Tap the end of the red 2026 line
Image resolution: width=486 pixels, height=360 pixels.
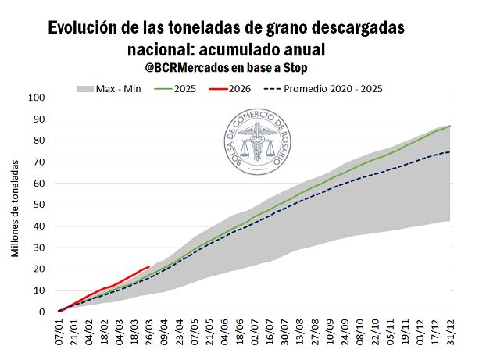(149, 266)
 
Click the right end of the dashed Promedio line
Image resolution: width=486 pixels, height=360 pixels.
(450, 151)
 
